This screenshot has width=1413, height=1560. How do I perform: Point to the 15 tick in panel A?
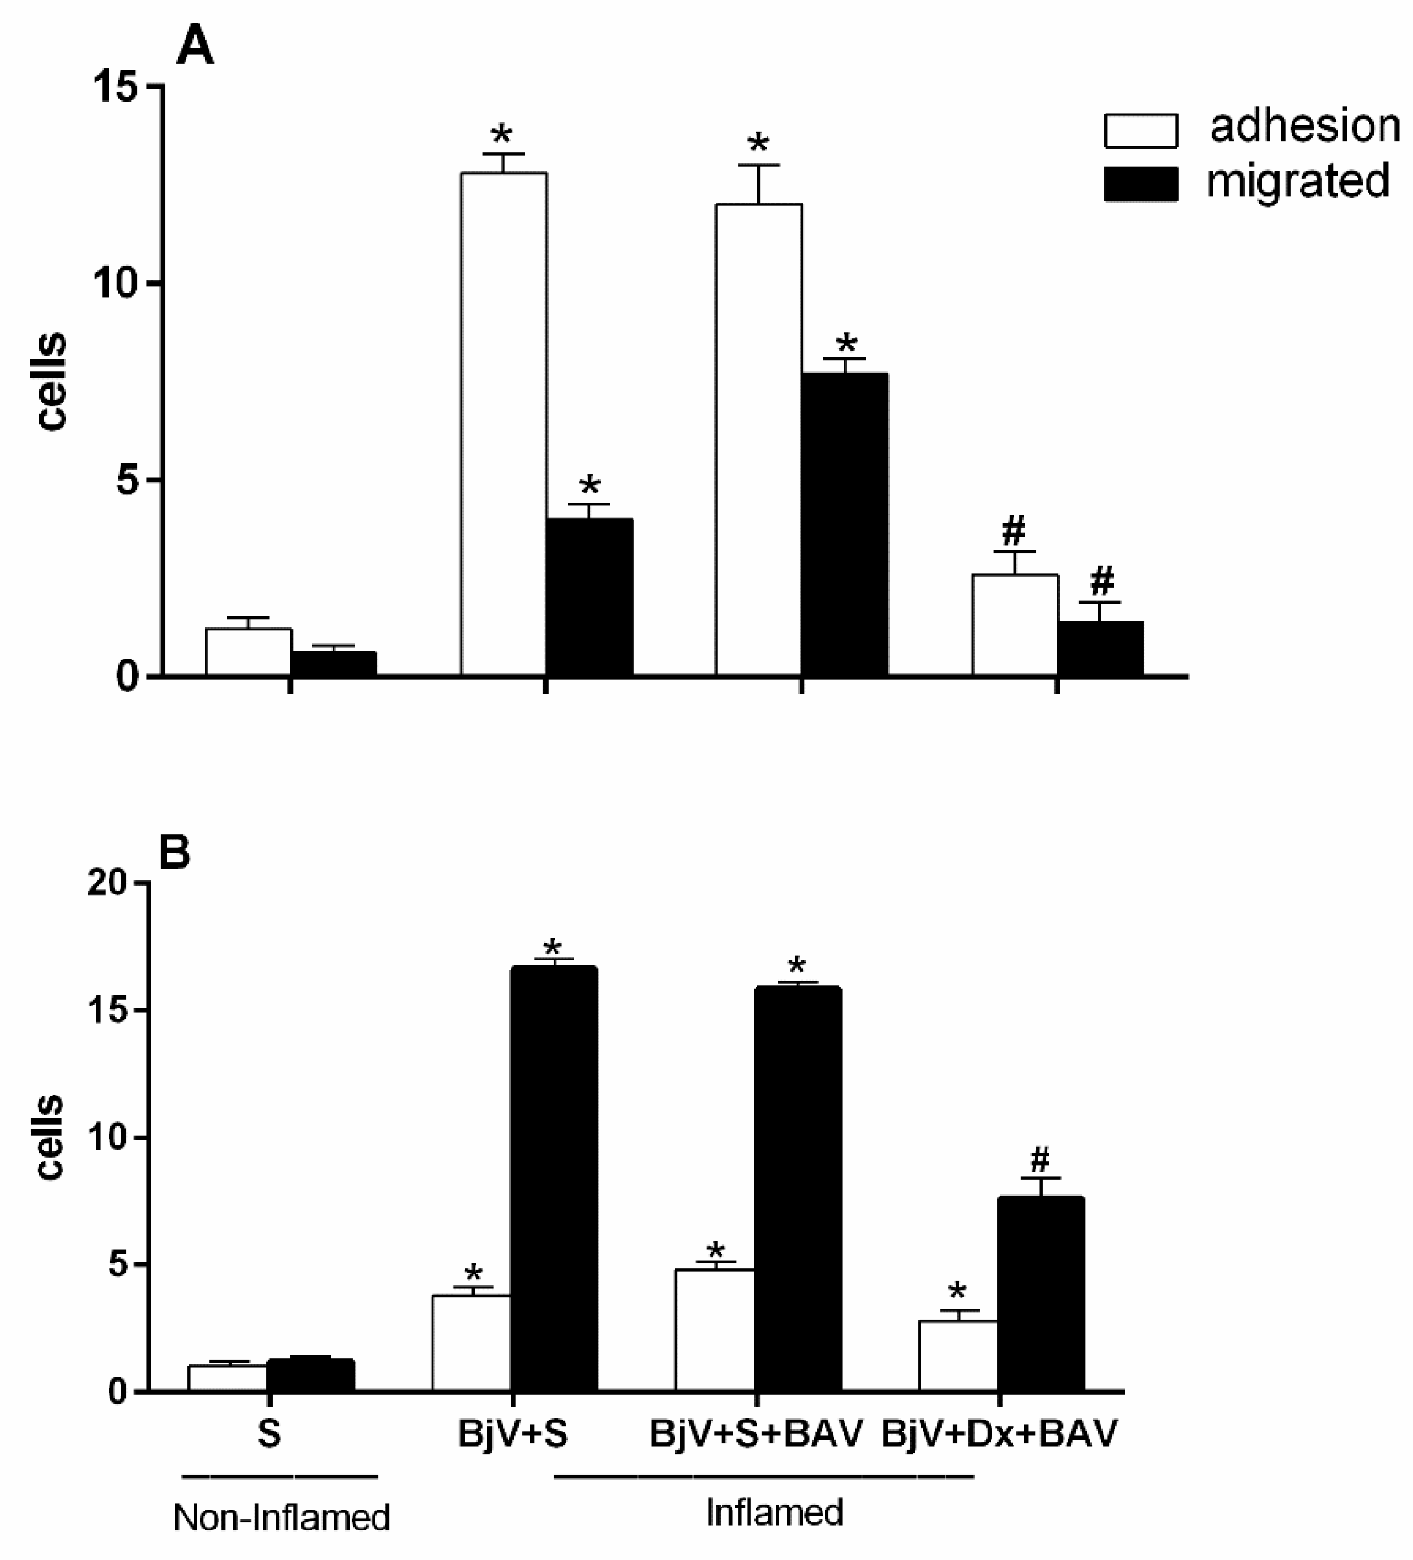(x=116, y=86)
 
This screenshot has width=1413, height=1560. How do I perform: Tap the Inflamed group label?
(x=774, y=1511)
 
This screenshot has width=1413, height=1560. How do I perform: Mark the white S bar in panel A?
(x=248, y=652)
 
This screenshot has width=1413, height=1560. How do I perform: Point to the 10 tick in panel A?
(x=116, y=283)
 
